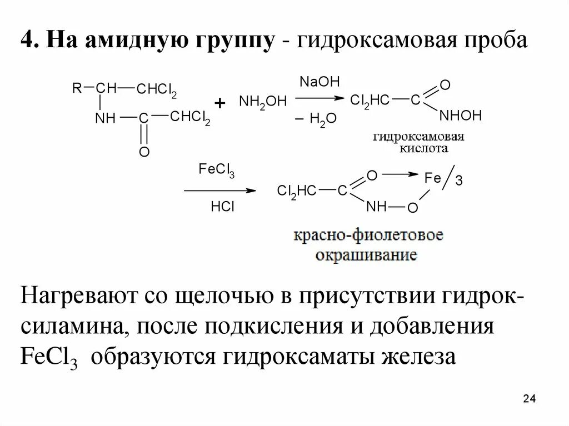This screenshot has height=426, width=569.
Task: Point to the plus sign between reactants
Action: (x=220, y=103)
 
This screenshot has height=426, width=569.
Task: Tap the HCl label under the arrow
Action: (x=222, y=207)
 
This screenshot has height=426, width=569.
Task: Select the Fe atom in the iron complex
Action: (x=432, y=178)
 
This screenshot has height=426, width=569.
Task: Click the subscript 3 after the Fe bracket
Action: (x=459, y=181)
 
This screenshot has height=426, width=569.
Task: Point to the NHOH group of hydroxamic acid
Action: (x=460, y=116)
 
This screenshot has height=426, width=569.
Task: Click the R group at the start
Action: (x=76, y=88)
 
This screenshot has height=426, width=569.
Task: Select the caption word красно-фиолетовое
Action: (x=368, y=236)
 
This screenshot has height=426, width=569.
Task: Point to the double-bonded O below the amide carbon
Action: (x=144, y=152)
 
